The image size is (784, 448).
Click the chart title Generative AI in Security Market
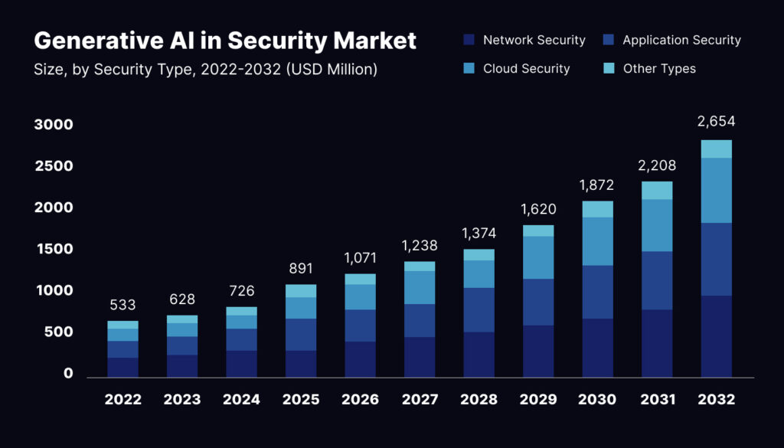point(225,40)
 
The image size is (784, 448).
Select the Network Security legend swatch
point(469,40)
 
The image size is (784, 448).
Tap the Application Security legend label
point(681,40)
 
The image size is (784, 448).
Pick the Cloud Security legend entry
point(526,68)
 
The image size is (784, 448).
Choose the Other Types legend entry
point(659,68)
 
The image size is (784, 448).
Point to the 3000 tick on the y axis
point(54,125)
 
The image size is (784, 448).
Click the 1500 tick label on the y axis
point(54,249)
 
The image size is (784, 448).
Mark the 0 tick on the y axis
point(68,374)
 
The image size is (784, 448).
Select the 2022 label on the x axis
point(122,399)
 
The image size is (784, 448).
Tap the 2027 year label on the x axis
point(420,399)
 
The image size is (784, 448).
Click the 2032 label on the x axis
point(717,399)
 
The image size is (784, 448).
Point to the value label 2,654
point(717,121)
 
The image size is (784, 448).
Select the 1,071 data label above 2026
point(360,257)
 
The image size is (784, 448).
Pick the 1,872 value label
point(597,184)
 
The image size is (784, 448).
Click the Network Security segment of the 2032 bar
point(717,336)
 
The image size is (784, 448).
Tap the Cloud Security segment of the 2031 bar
point(657,225)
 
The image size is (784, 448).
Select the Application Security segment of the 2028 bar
point(479,309)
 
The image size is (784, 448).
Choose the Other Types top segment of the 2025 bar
point(300,290)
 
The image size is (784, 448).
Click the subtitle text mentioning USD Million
point(205,70)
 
